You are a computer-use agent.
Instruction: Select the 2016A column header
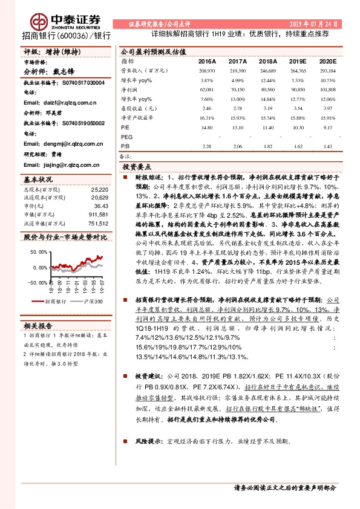206,62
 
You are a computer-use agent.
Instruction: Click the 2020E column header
327,62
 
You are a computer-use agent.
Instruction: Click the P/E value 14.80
206,128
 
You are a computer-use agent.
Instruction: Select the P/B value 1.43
327,146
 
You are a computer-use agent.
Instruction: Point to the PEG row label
126,137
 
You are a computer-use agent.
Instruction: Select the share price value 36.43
100,206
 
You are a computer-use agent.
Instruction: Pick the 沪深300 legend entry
93,300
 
